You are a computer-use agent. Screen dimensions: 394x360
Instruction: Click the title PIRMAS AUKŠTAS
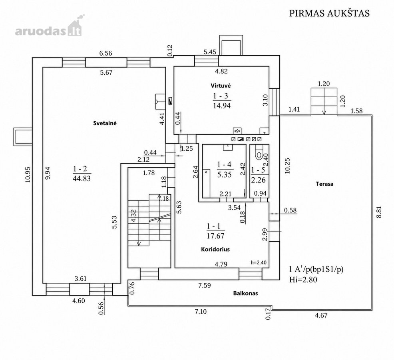pyautogui.click(x=329, y=13)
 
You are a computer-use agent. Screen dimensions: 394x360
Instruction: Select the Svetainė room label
pyautogui.click(x=105, y=123)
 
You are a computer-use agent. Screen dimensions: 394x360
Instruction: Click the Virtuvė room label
pyautogui.click(x=221, y=86)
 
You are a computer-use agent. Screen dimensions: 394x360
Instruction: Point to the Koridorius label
pyautogui.click(x=215, y=249)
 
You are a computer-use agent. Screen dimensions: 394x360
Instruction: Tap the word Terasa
pyautogui.click(x=324, y=184)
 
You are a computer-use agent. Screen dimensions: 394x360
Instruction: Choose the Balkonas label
pyautogui.click(x=245, y=293)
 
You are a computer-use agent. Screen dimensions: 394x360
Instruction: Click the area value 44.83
pyautogui.click(x=82, y=179)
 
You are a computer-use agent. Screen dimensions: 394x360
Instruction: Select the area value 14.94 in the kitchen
pyautogui.click(x=222, y=106)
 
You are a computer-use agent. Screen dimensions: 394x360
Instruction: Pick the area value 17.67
pyautogui.click(x=215, y=236)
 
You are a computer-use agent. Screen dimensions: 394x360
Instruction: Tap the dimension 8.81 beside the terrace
pyautogui.click(x=379, y=212)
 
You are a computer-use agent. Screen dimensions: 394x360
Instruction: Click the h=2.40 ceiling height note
pyautogui.click(x=259, y=263)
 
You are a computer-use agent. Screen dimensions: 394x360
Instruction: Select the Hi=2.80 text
pyautogui.click(x=303, y=280)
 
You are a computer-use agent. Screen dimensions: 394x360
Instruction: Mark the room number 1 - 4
pyautogui.click(x=224, y=164)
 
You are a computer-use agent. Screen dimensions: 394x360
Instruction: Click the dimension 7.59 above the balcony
pyautogui.click(x=204, y=286)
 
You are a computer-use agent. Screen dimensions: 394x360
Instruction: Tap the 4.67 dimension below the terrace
pyautogui.click(x=321, y=315)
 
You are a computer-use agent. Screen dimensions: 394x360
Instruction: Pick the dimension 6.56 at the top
pyautogui.click(x=105, y=53)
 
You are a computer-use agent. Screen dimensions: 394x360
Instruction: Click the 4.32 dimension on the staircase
pyautogui.click(x=133, y=216)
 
